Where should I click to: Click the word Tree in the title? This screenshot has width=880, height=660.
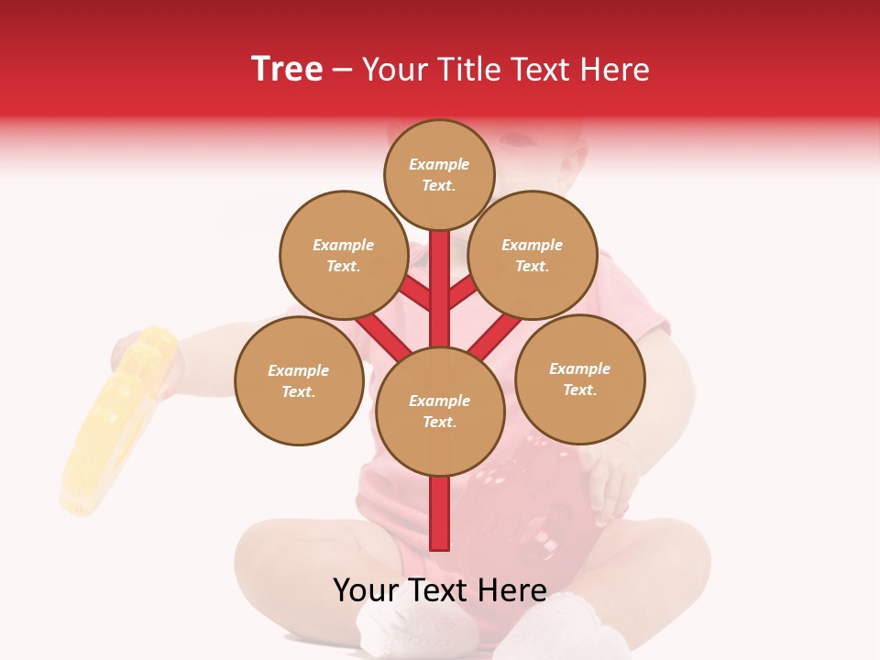(287, 69)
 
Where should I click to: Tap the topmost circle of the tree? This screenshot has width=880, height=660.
(439, 175)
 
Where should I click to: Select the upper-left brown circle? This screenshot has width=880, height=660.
(344, 255)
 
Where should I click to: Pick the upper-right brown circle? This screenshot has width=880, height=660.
(533, 255)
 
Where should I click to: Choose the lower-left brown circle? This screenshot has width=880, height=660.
(299, 380)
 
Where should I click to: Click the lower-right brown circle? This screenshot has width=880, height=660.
(579, 379)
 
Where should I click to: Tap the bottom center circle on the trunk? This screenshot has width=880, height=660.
(440, 412)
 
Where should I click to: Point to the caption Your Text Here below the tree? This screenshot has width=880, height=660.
(440, 590)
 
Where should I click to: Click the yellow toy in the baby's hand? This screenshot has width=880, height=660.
(115, 422)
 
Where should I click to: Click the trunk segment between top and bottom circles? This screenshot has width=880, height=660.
(440, 293)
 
